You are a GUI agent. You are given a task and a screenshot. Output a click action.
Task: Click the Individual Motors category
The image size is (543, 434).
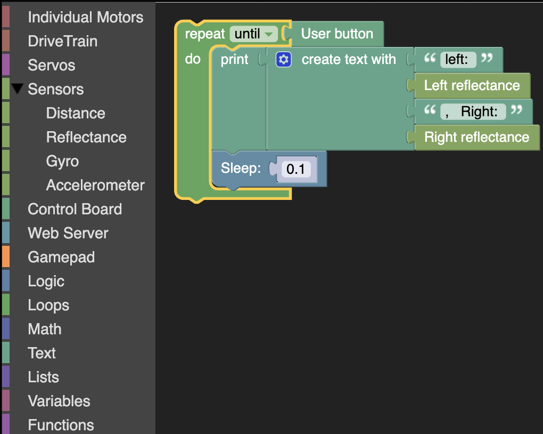[85, 17]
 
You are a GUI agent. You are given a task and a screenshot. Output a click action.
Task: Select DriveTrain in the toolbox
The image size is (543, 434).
[62, 41]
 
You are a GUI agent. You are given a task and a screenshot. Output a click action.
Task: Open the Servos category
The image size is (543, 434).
[51, 65]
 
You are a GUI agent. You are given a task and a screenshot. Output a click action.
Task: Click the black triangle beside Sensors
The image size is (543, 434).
[18, 89]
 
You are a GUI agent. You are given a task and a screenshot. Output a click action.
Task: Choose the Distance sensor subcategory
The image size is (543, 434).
[76, 113]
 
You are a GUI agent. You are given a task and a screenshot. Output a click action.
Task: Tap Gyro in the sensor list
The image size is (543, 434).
[62, 162]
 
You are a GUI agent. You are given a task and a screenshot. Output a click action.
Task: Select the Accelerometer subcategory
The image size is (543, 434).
[95, 185]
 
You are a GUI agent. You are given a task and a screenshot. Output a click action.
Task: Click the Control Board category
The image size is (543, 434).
[75, 209]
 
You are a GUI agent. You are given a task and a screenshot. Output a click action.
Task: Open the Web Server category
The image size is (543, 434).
[68, 233]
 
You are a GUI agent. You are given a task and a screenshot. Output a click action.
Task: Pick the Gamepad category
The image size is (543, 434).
[61, 257]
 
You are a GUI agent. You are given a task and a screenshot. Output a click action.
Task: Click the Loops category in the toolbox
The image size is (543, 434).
[48, 306]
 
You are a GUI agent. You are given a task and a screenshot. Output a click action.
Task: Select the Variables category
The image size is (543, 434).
[59, 401]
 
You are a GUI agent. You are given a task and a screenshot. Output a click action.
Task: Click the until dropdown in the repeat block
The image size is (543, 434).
[254, 34]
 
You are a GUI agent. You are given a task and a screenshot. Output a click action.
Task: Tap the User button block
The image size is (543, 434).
[337, 34]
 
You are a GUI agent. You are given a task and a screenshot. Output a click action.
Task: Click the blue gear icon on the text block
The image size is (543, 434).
[284, 59]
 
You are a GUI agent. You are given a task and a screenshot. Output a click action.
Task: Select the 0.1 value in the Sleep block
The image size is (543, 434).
[296, 169]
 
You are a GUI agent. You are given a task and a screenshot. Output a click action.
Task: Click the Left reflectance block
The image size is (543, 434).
[472, 85]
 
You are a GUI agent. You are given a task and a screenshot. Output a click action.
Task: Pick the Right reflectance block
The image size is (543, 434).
[476, 137]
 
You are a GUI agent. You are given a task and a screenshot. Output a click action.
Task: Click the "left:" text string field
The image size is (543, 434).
[458, 59]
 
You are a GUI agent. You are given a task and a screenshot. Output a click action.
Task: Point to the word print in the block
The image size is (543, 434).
[234, 59]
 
